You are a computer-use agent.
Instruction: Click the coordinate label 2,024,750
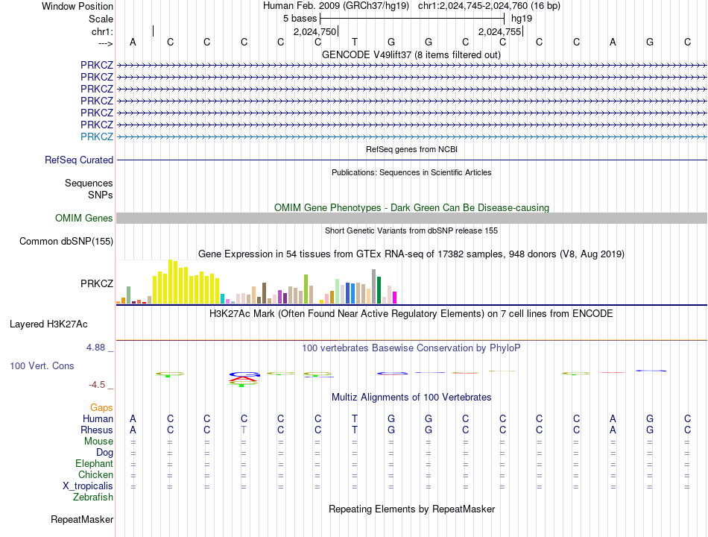pyautogui.click(x=315, y=31)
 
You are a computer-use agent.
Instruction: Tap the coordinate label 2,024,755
pyautogui.click(x=499, y=31)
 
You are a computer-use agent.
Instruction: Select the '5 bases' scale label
pyautogui.click(x=300, y=18)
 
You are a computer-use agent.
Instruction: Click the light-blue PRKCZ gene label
pyautogui.click(x=97, y=136)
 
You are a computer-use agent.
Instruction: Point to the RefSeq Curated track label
pyautogui.click(x=79, y=160)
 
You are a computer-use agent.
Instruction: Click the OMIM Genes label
pyautogui.click(x=84, y=218)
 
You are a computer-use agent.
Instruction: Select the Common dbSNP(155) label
pyautogui.click(x=66, y=241)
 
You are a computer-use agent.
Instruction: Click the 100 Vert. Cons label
pyautogui.click(x=42, y=366)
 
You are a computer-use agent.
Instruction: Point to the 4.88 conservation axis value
pyautogui.click(x=98, y=348)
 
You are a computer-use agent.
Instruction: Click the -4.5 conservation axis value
pyautogui.click(x=98, y=385)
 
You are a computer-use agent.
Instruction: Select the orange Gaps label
pyautogui.click(x=101, y=407)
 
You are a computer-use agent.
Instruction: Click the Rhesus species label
pyautogui.click(x=97, y=430)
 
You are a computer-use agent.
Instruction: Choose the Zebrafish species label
pyautogui.click(x=93, y=497)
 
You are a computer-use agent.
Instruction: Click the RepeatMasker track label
pyautogui.click(x=82, y=519)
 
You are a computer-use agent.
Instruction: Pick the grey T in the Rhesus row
pyautogui.click(x=244, y=430)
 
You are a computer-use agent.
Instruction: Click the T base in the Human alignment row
pyautogui.click(x=355, y=418)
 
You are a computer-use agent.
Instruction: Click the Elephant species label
pyautogui.click(x=94, y=463)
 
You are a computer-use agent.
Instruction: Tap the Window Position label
pyautogui.click(x=78, y=6)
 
